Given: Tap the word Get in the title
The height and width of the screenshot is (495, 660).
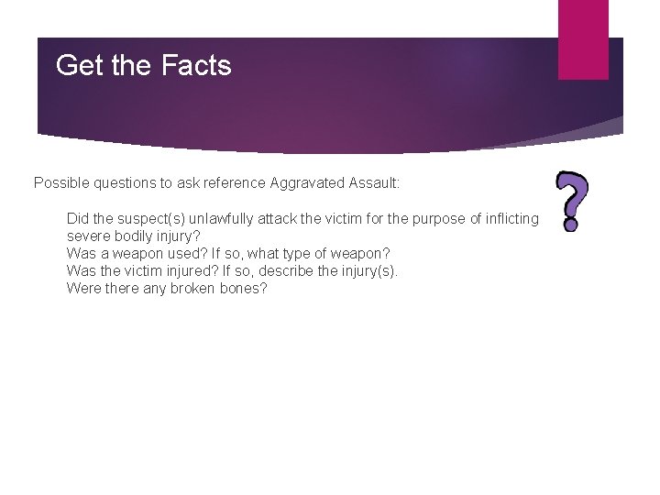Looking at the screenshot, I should point(76,66).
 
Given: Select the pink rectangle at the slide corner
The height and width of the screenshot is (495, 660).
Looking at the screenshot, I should point(583,38).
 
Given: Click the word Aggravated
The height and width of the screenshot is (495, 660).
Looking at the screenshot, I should point(307,183).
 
